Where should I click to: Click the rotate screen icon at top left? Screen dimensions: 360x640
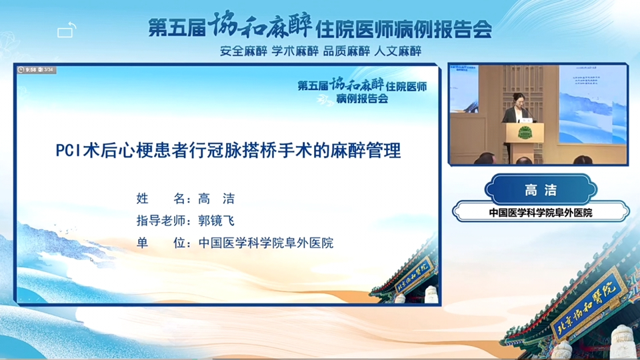click(x=67, y=31)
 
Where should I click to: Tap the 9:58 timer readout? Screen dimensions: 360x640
click(x=30, y=69)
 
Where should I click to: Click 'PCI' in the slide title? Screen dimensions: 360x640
click(x=67, y=151)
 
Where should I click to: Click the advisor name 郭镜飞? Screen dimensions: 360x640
click(x=216, y=221)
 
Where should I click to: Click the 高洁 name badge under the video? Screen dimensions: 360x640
click(x=540, y=190)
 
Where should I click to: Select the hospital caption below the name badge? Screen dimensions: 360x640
click(x=541, y=213)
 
